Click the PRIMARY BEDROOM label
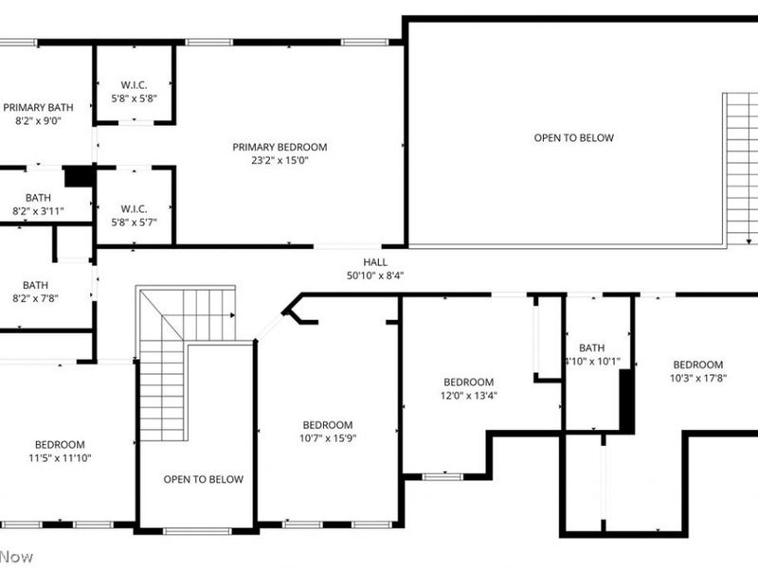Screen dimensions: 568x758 (x=280, y=147)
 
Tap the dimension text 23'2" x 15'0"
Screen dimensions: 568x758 (x=280, y=160)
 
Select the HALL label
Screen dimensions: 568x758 (x=375, y=262)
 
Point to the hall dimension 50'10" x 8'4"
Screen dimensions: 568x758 (x=375, y=275)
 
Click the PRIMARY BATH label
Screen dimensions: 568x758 (x=37, y=107)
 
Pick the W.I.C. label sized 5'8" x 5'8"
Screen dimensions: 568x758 (x=134, y=83)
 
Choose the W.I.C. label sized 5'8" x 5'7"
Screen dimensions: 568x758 (x=134, y=208)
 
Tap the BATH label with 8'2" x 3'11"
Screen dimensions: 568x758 (x=37, y=198)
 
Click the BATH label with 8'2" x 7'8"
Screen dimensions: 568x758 (x=35, y=285)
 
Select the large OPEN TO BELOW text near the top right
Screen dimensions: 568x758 (x=573, y=138)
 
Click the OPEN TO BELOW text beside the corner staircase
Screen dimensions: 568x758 (x=203, y=479)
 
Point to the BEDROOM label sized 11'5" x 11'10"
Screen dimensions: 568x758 (x=60, y=445)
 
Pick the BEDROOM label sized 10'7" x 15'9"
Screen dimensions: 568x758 (x=328, y=425)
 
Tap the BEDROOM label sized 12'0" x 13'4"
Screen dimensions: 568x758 (x=468, y=382)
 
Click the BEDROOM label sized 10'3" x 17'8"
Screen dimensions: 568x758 (x=697, y=364)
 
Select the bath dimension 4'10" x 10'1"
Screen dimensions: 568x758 (x=592, y=361)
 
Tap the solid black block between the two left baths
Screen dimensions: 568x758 (x=77, y=176)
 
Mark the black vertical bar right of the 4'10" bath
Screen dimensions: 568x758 (x=625, y=401)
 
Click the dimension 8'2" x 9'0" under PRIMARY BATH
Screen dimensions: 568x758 (x=37, y=121)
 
